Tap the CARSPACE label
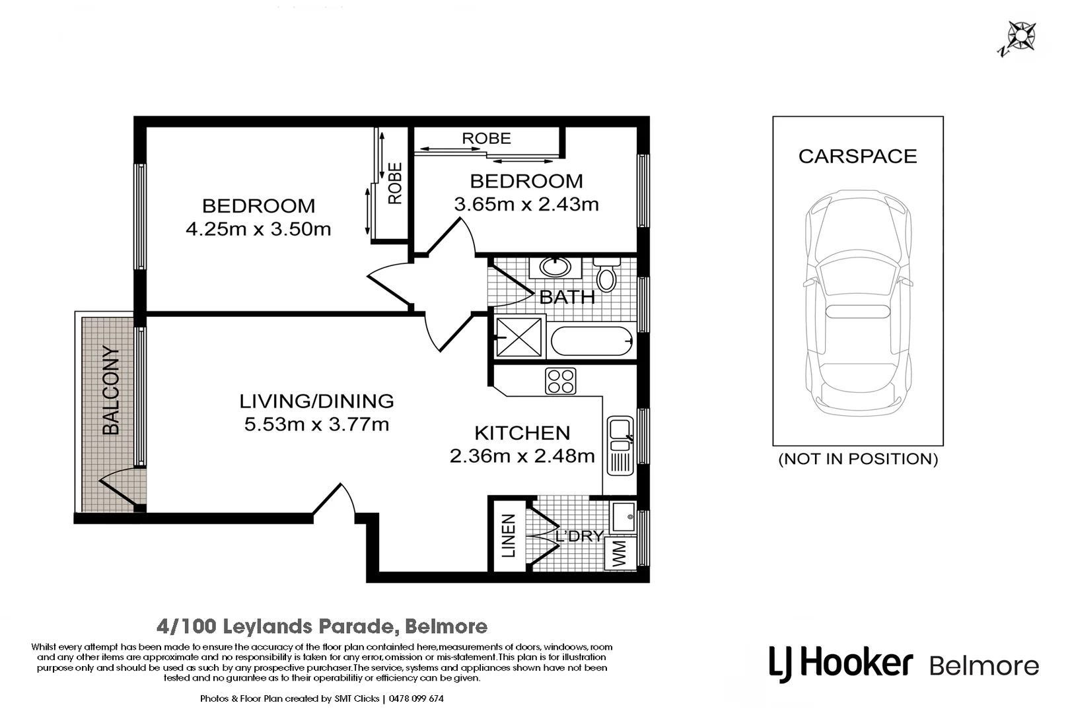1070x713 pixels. (857, 156)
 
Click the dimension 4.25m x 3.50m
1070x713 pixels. (258, 230)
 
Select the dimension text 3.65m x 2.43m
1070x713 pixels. (526, 205)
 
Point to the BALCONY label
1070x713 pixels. (112, 391)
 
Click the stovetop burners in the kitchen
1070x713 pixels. (560, 381)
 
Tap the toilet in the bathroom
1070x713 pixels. (605, 275)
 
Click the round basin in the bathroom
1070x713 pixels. (555, 267)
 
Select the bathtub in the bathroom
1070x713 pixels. (591, 341)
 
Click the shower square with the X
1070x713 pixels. (519, 337)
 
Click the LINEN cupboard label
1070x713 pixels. (509, 536)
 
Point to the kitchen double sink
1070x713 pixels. (620, 444)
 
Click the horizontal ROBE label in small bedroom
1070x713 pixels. (486, 139)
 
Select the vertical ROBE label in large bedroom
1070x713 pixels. (394, 184)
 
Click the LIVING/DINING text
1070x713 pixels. (316, 401)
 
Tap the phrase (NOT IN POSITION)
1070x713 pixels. (857, 459)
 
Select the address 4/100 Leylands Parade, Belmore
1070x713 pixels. (322, 626)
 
